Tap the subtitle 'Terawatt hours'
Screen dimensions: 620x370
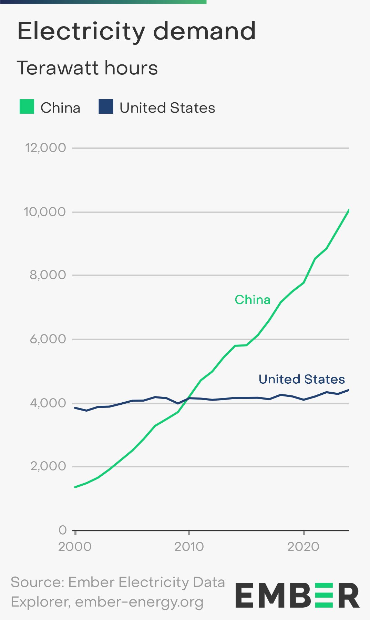[87, 68]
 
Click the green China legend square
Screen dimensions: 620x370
[27, 106]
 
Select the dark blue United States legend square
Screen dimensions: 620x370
[106, 106]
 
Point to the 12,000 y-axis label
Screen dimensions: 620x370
[45, 148]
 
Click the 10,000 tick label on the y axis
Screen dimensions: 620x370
[45, 212]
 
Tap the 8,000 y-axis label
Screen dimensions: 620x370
[48, 275]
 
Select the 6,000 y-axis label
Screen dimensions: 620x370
[48, 339]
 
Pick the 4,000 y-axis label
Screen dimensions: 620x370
[48, 403]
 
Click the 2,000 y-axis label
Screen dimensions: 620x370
[48, 466]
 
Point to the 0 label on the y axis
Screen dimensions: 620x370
[62, 530]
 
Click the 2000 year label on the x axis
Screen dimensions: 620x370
[75, 547]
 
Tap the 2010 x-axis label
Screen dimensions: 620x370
[189, 547]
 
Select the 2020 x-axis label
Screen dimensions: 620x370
[303, 547]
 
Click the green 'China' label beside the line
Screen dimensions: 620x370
[253, 300]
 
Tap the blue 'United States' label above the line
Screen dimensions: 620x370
[301, 379]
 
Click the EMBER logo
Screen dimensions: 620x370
[297, 596]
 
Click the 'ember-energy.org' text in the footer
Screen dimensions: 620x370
[139, 602]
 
